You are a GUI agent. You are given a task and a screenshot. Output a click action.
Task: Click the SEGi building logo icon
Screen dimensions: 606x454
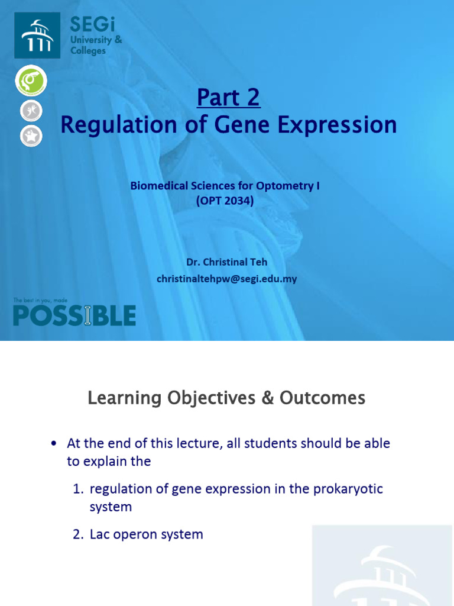[37, 36]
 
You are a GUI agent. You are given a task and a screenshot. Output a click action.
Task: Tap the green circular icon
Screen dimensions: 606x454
[31, 80]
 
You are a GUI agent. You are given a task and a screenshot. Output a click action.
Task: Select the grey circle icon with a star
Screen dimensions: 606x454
[31, 136]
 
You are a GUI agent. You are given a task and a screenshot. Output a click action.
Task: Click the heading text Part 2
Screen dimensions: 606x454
[228, 98]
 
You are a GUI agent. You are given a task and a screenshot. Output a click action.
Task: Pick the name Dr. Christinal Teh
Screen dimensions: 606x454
[227, 262]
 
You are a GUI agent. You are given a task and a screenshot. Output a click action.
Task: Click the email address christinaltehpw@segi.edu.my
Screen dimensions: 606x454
[227, 278]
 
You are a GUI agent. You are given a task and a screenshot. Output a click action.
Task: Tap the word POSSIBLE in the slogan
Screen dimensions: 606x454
[74, 316]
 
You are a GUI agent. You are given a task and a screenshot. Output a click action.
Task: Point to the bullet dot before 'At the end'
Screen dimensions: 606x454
[55, 444]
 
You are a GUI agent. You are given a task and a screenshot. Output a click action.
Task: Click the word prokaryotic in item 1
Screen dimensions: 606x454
[348, 489]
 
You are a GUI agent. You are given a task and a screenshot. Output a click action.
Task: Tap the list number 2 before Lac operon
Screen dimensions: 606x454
[77, 534]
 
